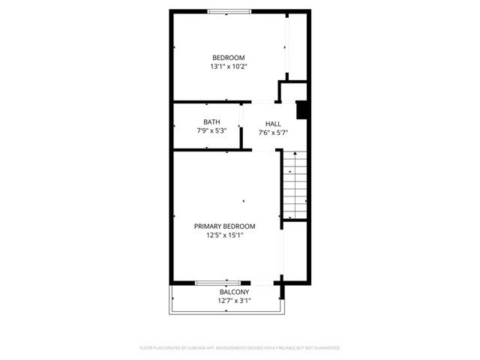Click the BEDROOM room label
pos(228,58)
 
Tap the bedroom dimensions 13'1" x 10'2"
pos(228,67)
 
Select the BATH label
pos(211,122)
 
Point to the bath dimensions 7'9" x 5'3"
pos(211,131)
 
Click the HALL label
pos(273,124)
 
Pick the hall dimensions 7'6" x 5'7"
pos(273,133)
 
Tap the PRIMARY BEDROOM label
pos(224,226)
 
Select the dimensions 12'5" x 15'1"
pos(224,235)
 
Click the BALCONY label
pos(234,292)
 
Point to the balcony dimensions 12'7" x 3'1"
pos(234,301)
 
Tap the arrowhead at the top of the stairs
pos(295,154)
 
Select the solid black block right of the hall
pos(302,109)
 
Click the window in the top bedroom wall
pos(229,11)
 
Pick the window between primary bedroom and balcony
pos(217,283)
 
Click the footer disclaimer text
pos(240,348)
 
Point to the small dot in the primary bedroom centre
pos(243,201)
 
